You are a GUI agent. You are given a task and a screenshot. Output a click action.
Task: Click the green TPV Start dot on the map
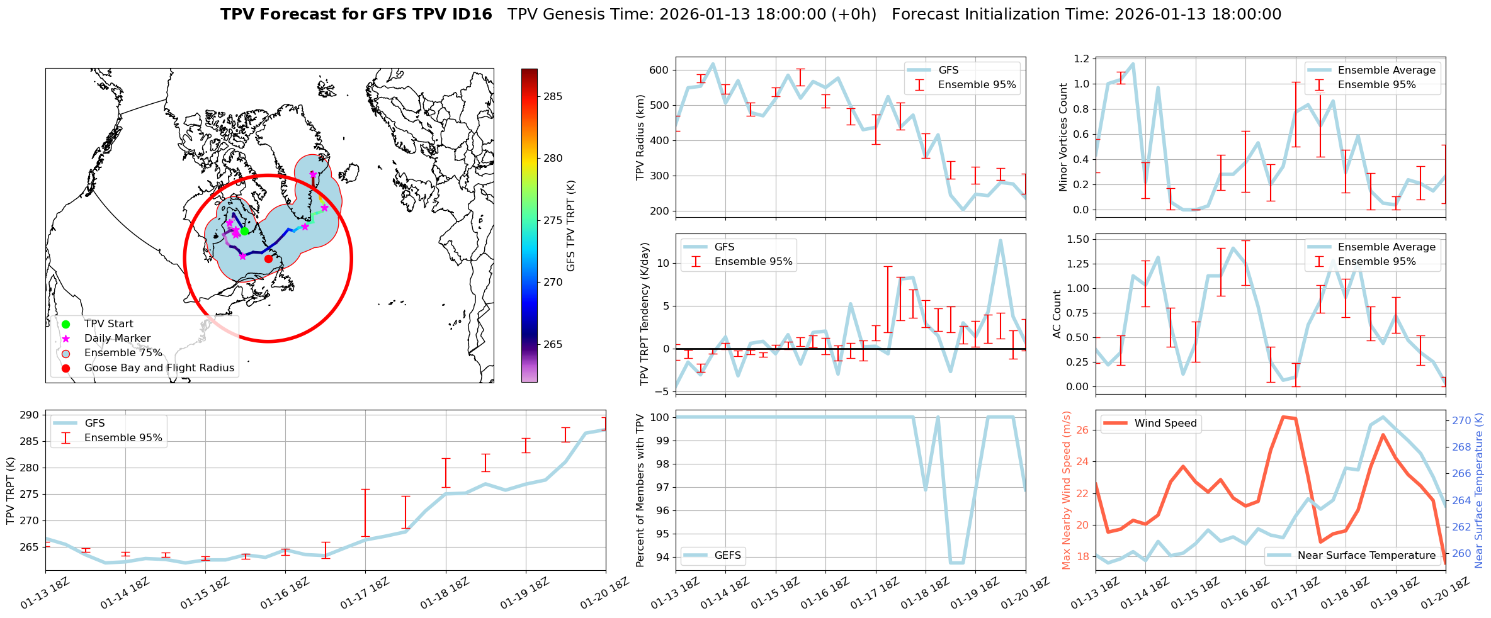(x=244, y=231)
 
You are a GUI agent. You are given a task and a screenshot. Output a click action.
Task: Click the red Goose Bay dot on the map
(x=268, y=259)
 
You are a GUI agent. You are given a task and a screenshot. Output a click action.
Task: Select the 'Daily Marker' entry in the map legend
(x=117, y=339)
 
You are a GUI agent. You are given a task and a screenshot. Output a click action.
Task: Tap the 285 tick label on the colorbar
(x=553, y=96)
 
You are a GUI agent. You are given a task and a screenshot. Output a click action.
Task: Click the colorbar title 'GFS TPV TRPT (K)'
(x=571, y=225)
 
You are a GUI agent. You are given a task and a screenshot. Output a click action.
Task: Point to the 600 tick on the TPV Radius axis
(x=659, y=70)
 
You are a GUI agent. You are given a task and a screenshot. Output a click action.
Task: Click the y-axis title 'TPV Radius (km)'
(x=641, y=137)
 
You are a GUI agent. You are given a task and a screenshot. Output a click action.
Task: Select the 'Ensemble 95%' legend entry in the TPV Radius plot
(x=977, y=85)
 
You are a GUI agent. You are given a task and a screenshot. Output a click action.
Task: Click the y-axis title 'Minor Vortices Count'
(x=1063, y=137)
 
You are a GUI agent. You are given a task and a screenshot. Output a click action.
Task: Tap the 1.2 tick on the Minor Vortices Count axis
(x=1080, y=59)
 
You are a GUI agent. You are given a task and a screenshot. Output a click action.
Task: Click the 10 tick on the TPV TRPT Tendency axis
(x=662, y=263)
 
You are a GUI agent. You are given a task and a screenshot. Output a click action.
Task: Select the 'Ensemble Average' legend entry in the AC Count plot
(x=1386, y=247)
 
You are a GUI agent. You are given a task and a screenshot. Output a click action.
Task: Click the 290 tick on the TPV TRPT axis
(x=29, y=415)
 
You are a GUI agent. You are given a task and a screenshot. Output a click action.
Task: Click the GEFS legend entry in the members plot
(x=727, y=555)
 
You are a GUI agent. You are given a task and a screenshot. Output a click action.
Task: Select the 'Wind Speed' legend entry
(x=1165, y=423)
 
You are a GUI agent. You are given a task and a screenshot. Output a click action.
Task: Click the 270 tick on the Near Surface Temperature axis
(x=1461, y=420)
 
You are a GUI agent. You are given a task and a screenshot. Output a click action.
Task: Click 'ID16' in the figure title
(x=468, y=14)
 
